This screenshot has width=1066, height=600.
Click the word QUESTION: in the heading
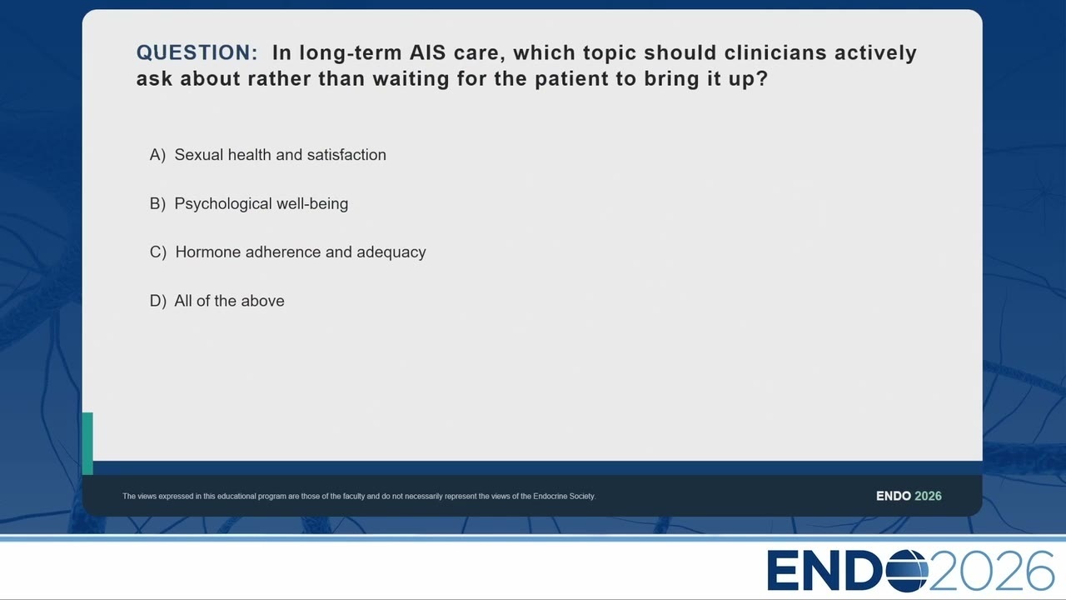click(197, 52)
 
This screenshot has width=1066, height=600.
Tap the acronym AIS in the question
click(427, 52)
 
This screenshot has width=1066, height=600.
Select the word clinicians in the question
click(775, 52)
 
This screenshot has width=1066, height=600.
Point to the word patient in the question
click(571, 79)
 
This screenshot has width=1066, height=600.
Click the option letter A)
click(157, 155)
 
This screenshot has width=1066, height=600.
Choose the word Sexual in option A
click(198, 155)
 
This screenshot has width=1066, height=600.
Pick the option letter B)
click(157, 204)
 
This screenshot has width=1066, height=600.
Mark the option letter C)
click(158, 252)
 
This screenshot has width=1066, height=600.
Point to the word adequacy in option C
click(391, 252)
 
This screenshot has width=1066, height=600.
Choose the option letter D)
click(158, 301)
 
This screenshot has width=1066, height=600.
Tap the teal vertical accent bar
click(87, 443)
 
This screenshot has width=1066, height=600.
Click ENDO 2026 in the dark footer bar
click(909, 496)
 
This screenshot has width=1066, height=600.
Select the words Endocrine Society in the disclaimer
click(564, 496)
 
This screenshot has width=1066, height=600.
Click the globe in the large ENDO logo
click(907, 571)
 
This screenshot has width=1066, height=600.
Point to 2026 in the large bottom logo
click(991, 571)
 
